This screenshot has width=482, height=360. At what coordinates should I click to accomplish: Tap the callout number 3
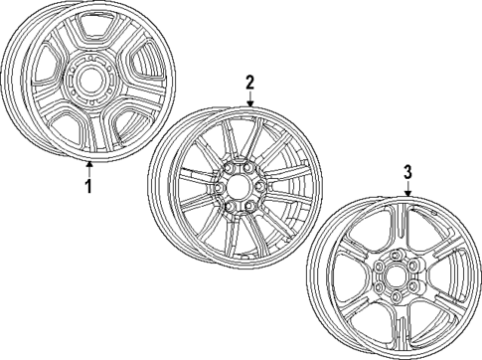(x=407, y=171)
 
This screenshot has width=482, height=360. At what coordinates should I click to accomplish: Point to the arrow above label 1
(x=88, y=164)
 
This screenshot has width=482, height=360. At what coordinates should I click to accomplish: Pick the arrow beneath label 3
(x=407, y=191)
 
